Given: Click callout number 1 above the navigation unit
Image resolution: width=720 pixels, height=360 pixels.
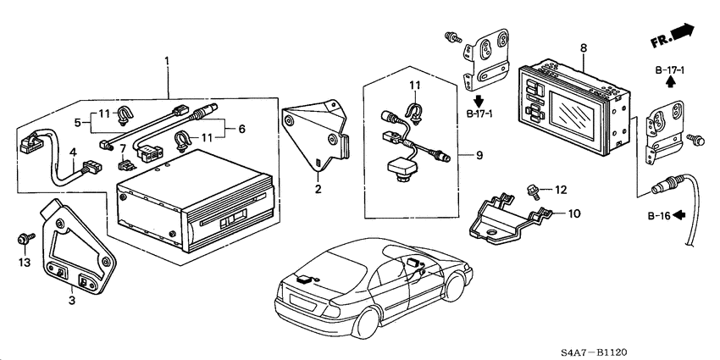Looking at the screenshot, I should pos(167,61).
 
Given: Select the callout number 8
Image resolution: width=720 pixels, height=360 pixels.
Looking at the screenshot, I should pos(583,49).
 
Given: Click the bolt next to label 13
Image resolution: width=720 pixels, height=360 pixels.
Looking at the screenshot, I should pos(23,241).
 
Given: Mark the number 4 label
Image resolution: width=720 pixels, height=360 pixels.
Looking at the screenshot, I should pos(73,153).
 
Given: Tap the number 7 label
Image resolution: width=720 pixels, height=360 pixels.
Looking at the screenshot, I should pos(123,149).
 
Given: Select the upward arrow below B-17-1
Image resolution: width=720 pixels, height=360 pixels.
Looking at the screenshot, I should pos(669,82).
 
